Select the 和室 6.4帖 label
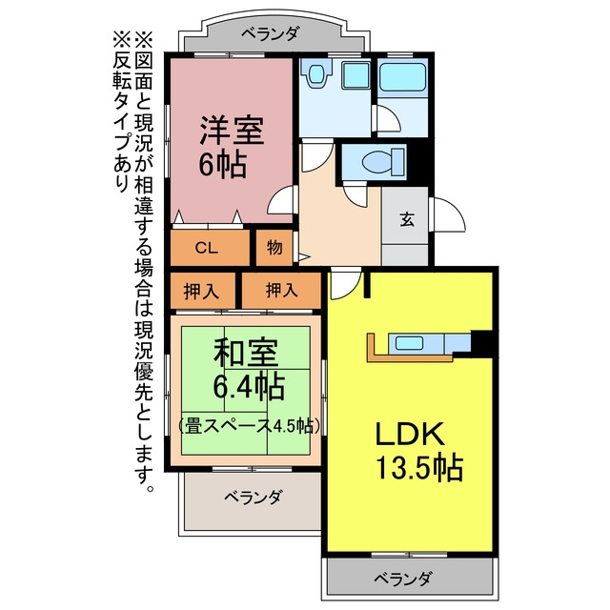248,370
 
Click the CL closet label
206,248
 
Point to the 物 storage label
274,247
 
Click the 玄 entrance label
407,220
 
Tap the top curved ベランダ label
270,34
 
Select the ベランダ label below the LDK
402,579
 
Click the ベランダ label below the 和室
253,497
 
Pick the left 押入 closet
201,291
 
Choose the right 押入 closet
281,290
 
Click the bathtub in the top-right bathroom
403,77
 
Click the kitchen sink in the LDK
409,343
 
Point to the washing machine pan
356,75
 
